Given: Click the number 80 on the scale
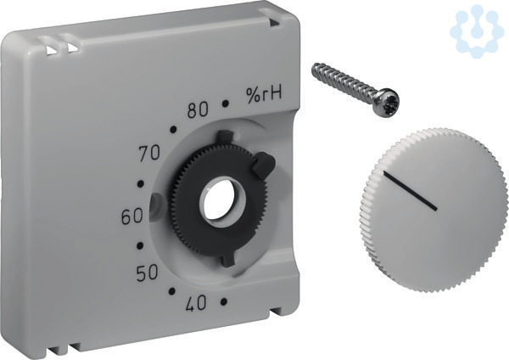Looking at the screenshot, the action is click(198, 110).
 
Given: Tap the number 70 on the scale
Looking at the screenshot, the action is click(149, 153).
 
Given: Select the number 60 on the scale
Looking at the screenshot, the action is click(131, 217).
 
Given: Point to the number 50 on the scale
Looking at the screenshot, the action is click(147, 273).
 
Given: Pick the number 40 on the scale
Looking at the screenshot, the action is click(196, 303).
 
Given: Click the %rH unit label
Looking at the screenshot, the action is click(264, 95).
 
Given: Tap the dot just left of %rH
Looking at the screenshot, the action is click(226, 104).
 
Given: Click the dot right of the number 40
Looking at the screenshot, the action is click(223, 302).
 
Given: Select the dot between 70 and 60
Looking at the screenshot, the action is click(141, 184).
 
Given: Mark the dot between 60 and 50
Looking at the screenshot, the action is click(140, 245).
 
